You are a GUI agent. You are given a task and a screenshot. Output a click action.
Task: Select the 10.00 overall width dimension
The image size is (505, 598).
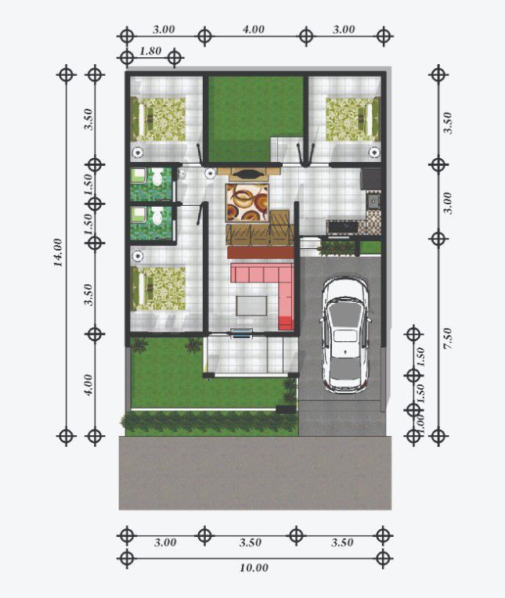click(254, 567)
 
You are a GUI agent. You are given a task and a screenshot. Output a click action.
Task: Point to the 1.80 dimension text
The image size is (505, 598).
click(150, 52)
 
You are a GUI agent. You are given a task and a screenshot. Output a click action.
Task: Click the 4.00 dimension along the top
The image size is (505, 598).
click(254, 29)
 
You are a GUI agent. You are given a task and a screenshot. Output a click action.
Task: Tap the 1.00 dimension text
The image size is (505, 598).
click(420, 423)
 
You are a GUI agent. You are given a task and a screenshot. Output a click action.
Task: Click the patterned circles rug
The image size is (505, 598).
click(247, 202)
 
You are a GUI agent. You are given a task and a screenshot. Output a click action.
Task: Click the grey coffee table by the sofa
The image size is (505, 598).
click(251, 305)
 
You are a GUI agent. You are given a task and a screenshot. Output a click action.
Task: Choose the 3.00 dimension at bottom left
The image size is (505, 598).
click(165, 542)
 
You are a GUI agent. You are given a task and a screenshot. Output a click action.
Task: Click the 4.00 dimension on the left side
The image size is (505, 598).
click(88, 384)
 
